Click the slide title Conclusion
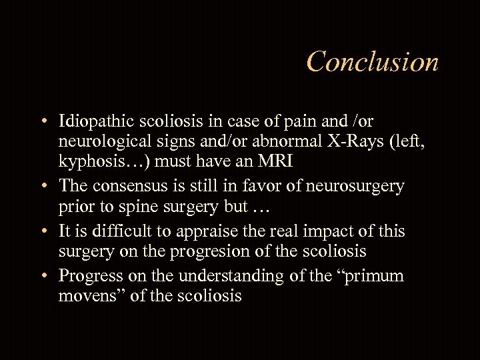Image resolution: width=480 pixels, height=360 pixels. (x=373, y=62)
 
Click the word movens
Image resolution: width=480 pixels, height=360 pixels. (x=87, y=295)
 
